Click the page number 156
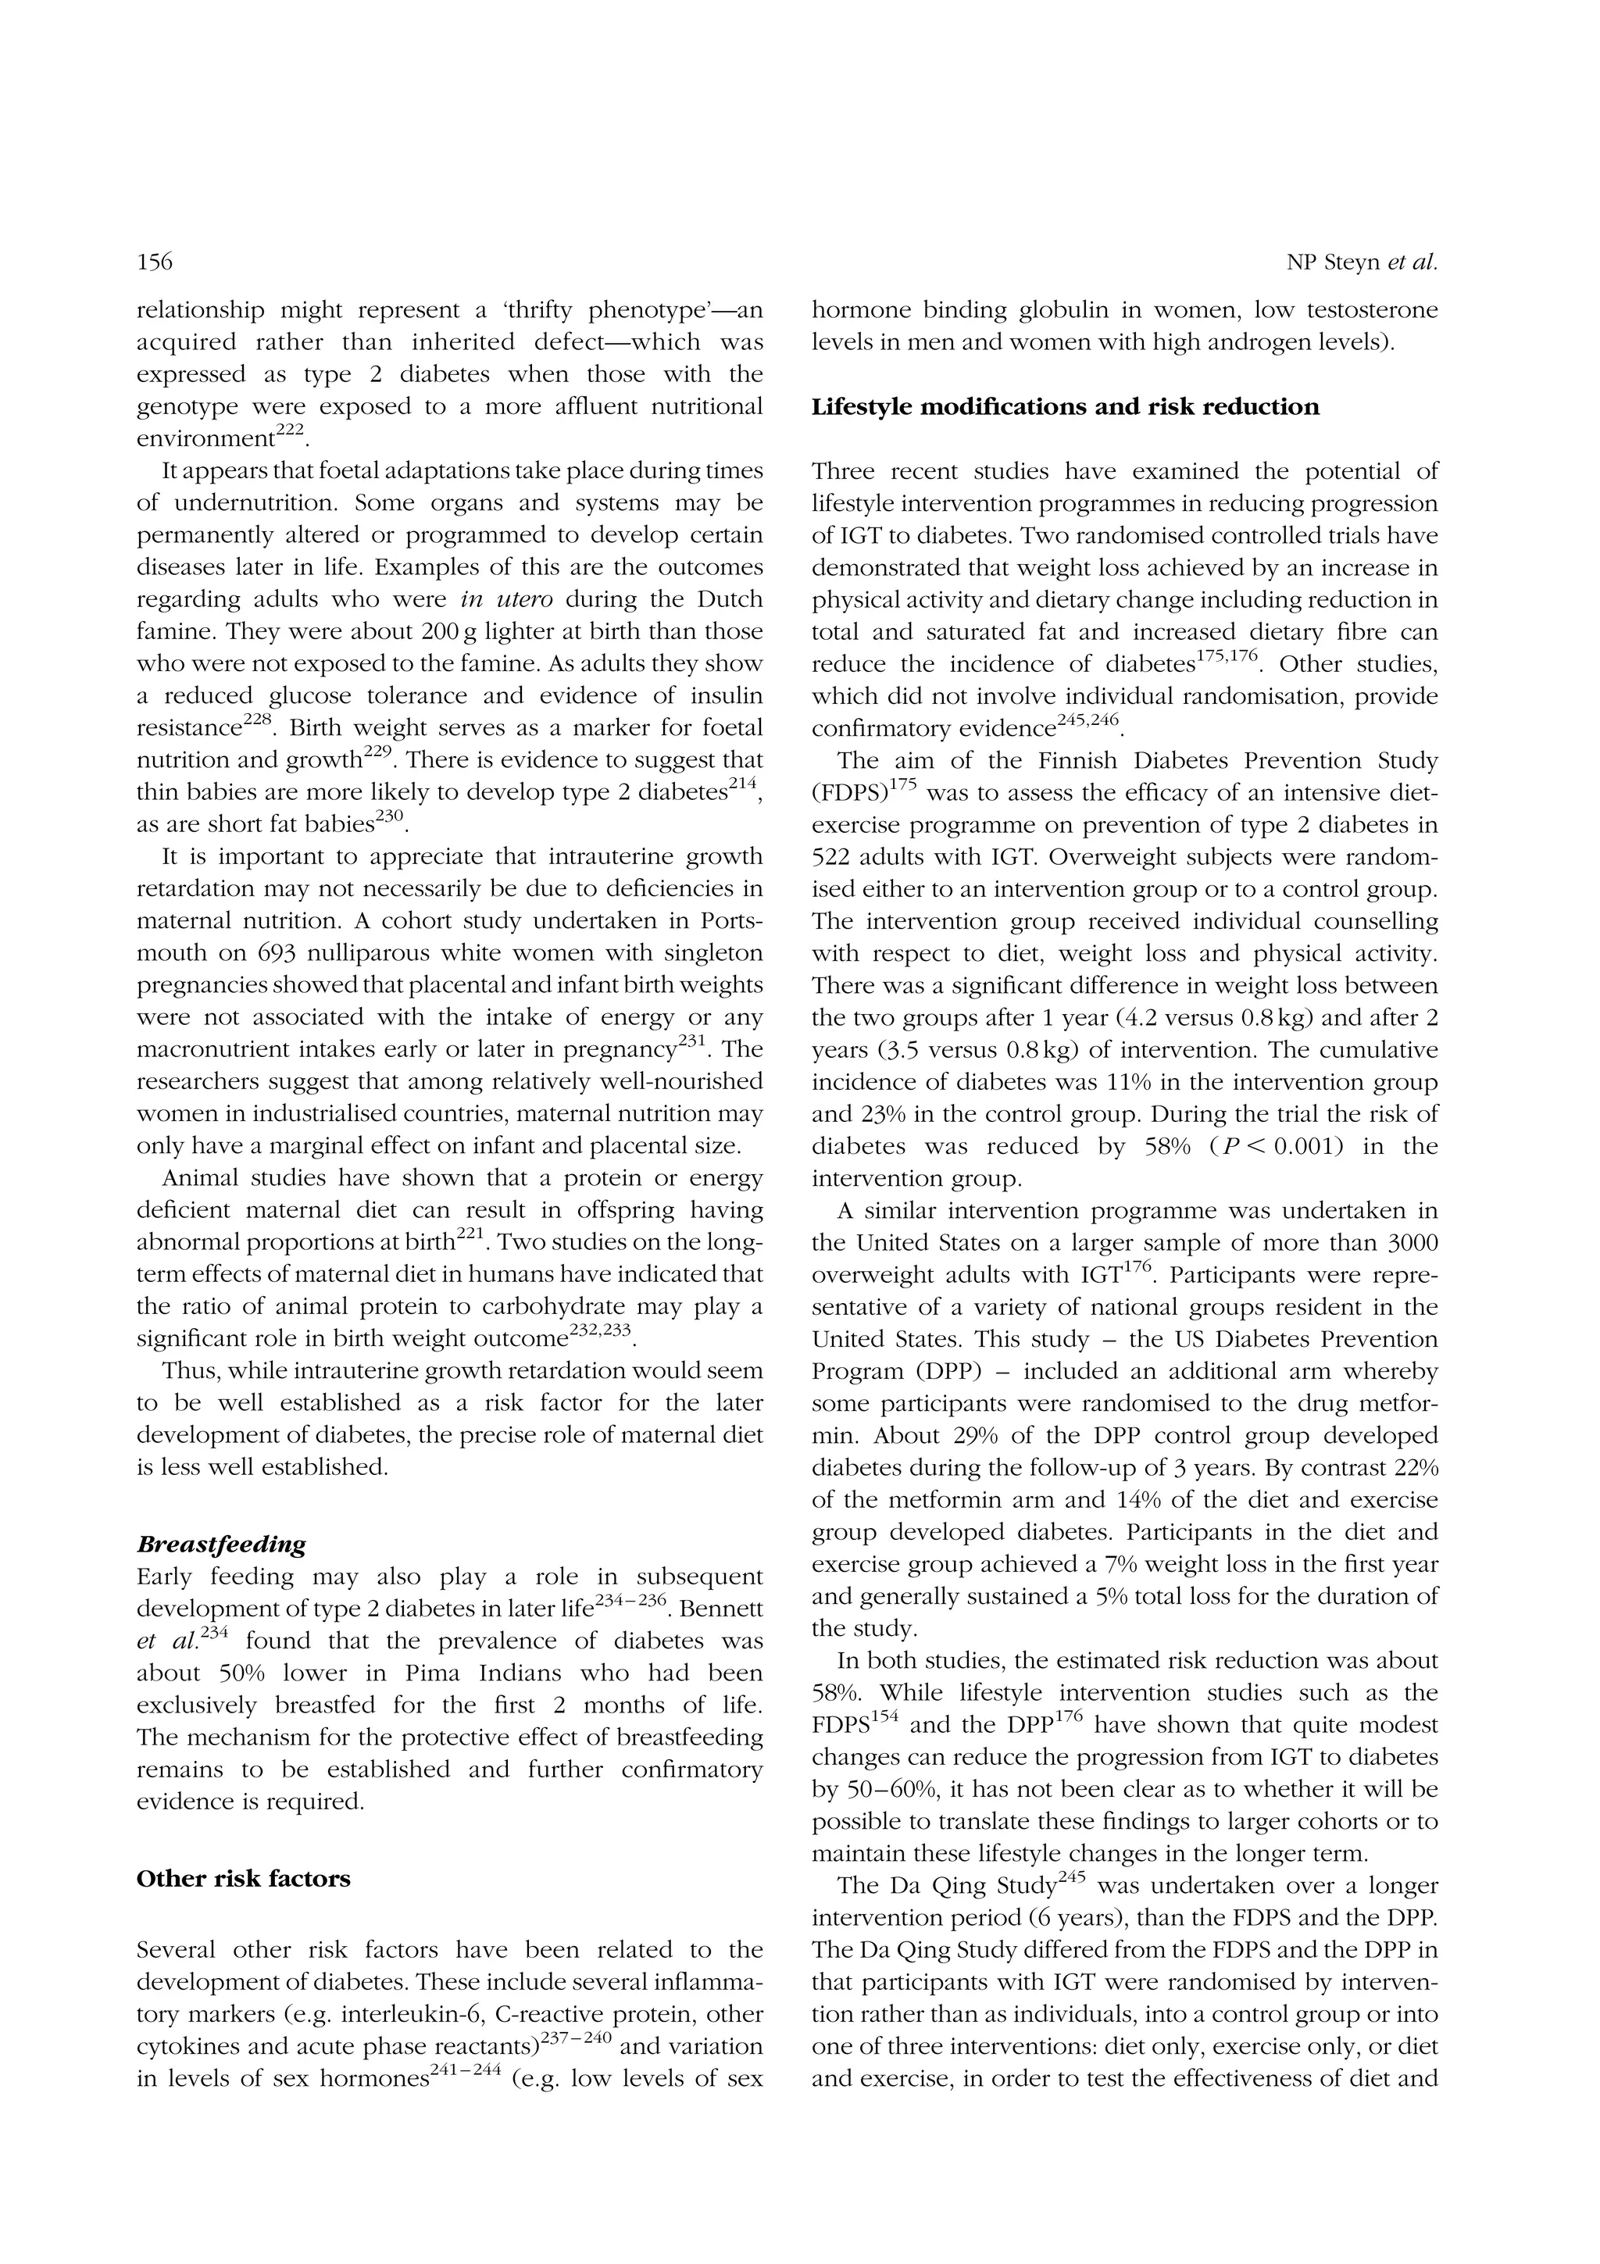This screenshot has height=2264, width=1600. [x=155, y=262]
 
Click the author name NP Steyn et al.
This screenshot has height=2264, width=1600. [x=1362, y=262]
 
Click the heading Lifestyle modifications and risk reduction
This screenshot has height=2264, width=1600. [x=1065, y=407]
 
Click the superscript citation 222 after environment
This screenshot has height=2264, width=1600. [x=290, y=432]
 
